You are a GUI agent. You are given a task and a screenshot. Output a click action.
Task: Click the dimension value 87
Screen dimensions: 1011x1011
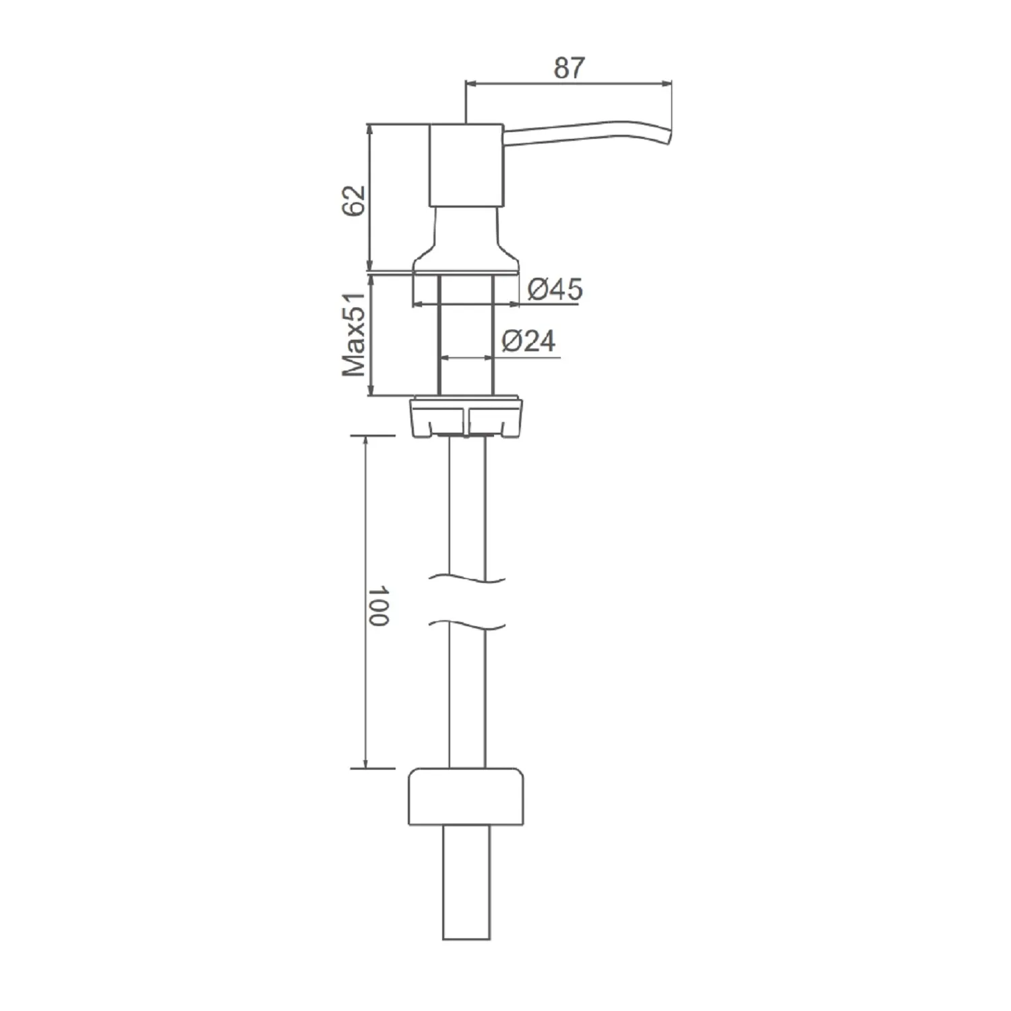pyautogui.click(x=570, y=68)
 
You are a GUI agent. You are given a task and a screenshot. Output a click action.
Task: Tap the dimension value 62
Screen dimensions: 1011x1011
pyautogui.click(x=353, y=200)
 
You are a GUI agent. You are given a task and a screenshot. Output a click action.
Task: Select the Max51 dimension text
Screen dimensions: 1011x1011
pyautogui.click(x=354, y=334)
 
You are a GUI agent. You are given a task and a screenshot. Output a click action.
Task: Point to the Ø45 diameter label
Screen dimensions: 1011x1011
pyautogui.click(x=555, y=289)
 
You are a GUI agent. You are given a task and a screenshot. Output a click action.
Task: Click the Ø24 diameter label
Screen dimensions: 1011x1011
pyautogui.click(x=529, y=341)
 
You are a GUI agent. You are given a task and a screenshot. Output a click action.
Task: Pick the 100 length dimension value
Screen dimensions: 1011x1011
pyautogui.click(x=379, y=605)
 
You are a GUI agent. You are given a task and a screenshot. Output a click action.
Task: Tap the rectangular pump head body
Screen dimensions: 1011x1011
pyautogui.click(x=466, y=165)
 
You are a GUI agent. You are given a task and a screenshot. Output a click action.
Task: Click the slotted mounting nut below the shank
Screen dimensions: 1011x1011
pyautogui.click(x=466, y=417)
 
